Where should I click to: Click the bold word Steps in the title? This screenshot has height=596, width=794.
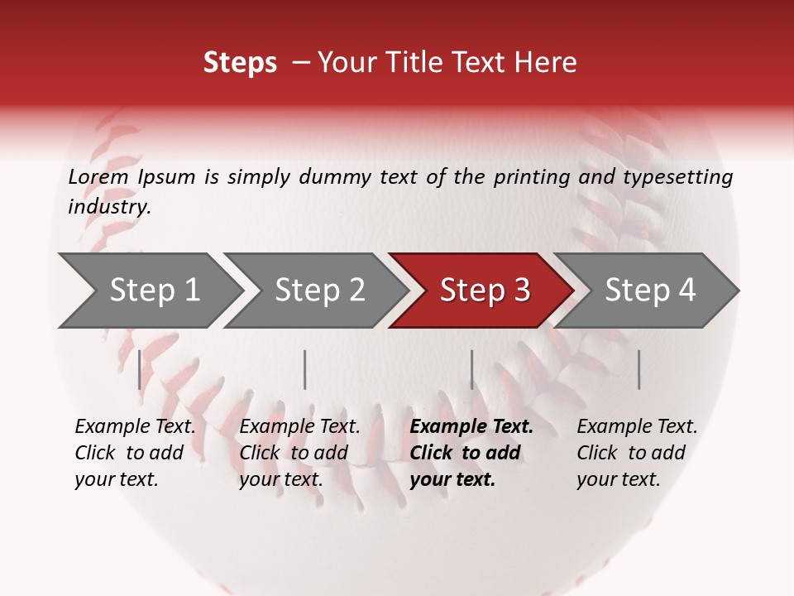pyautogui.click(x=240, y=63)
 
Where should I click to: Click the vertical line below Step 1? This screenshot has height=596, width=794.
pyautogui.click(x=139, y=369)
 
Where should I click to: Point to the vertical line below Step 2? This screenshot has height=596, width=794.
pyautogui.click(x=305, y=369)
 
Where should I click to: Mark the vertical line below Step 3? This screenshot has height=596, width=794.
pyautogui.click(x=471, y=369)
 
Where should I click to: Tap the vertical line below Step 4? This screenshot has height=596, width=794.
pyautogui.click(x=639, y=369)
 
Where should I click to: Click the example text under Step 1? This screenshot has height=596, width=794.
pyautogui.click(x=135, y=453)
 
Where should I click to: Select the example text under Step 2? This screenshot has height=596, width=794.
pyautogui.click(x=299, y=453)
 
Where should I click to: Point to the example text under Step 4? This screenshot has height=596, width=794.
pyautogui.click(x=637, y=453)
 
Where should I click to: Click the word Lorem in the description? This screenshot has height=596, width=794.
pyautogui.click(x=98, y=176)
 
